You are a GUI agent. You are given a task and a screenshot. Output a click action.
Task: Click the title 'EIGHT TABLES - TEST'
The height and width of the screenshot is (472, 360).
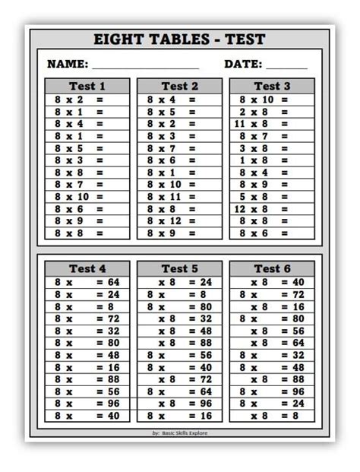click(180, 40)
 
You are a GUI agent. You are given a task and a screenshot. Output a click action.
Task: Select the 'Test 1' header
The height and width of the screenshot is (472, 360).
click(87, 86)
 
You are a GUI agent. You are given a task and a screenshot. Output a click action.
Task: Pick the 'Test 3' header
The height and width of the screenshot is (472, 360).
click(272, 86)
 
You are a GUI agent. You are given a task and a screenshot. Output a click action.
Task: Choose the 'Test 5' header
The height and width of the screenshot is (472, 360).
click(180, 268)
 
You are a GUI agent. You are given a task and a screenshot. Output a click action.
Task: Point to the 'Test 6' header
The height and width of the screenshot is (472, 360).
click(272, 268)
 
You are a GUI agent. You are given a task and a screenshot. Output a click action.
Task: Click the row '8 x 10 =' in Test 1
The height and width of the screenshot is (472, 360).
click(79, 197)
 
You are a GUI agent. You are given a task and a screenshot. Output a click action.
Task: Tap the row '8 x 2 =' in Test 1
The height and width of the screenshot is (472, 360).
click(79, 100)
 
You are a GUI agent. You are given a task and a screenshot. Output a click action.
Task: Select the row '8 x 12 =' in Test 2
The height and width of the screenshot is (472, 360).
click(172, 221)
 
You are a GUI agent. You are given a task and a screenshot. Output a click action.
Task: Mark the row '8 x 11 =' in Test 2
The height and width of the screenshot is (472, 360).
click(172, 197)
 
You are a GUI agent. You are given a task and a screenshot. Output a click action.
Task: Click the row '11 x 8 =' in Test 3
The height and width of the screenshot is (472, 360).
click(263, 124)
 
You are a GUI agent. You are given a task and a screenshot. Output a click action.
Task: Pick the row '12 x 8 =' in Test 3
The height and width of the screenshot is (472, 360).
click(263, 209)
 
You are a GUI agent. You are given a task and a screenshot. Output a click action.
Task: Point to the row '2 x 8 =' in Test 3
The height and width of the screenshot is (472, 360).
click(263, 112)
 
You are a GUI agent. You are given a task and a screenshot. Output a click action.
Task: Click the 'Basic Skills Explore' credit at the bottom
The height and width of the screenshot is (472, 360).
click(180, 432)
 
